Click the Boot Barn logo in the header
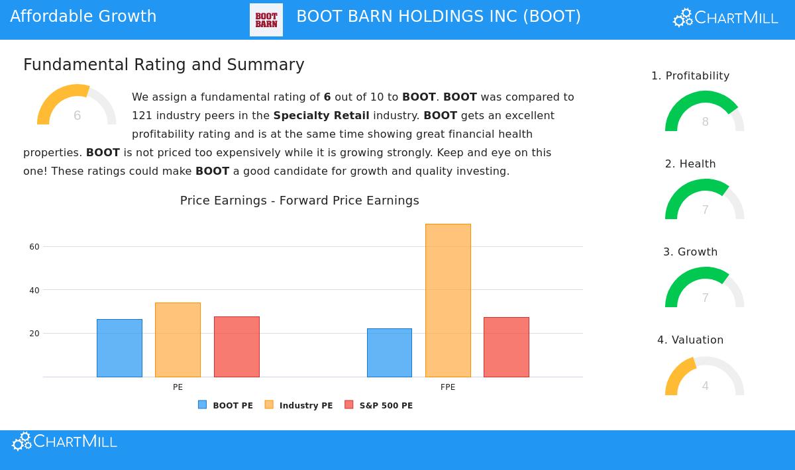[x=266, y=20]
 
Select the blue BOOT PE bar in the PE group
[x=119, y=348]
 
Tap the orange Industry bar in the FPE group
[x=448, y=301]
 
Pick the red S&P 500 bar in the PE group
[x=237, y=347]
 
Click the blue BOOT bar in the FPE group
[x=390, y=353]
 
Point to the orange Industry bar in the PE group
[x=178, y=340]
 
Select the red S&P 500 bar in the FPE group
[x=506, y=347]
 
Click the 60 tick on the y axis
[x=34, y=247]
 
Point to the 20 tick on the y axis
[x=34, y=334]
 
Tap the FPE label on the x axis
[x=448, y=387]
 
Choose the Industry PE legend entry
[x=299, y=405]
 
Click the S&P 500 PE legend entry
[x=379, y=405]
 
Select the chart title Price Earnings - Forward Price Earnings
[x=299, y=201]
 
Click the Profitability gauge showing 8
[x=704, y=113]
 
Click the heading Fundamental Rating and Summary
[x=164, y=65]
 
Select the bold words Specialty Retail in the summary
[x=321, y=116]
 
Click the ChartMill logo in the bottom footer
[x=64, y=442]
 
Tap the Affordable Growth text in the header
[x=83, y=17]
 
